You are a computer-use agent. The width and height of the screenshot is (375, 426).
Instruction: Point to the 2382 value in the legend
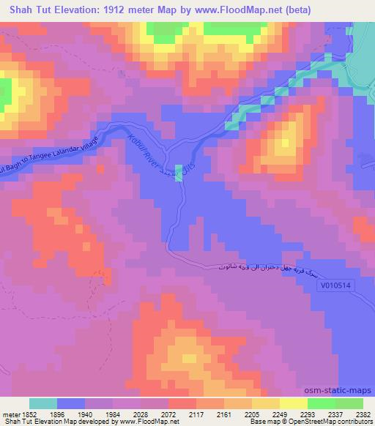coord(362,414)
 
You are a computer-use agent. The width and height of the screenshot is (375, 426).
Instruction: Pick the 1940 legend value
coord(86,414)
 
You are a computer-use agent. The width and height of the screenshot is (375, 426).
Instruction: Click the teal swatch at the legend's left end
coord(43,403)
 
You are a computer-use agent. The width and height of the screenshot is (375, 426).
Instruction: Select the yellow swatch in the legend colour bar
coord(293,403)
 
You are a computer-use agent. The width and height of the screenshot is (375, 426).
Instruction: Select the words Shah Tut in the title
coord(28,10)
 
